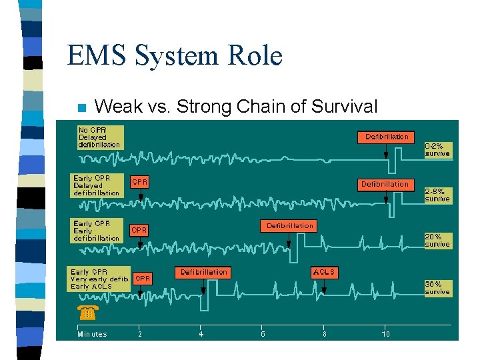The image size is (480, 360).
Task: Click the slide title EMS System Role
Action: pyautogui.click(x=175, y=55)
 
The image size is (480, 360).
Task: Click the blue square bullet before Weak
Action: pyautogui.click(x=81, y=107)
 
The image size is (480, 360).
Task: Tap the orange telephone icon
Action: pyautogui.click(x=87, y=312)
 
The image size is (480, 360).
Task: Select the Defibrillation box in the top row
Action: pyautogui.click(x=387, y=137)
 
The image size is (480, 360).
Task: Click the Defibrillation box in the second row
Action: pyautogui.click(x=385, y=184)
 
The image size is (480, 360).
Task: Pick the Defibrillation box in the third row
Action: pyautogui.click(x=289, y=226)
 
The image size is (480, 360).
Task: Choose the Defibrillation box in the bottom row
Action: pyautogui.click(x=204, y=272)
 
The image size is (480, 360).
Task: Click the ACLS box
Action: pyautogui.click(x=324, y=272)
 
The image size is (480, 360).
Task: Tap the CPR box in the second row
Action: pyautogui.click(x=140, y=181)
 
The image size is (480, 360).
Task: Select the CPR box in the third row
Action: pyautogui.click(x=139, y=229)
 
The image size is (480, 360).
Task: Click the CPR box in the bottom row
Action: pyautogui.click(x=143, y=277)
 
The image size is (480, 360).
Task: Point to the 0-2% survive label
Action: pyautogui.click(x=437, y=149)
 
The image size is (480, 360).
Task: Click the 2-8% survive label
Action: pyautogui.click(x=437, y=195)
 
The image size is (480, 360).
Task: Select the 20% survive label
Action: pyautogui.click(x=437, y=240)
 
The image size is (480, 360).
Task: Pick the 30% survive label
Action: pyautogui.click(x=437, y=287)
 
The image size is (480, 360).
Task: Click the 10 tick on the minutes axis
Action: pyautogui.click(x=385, y=334)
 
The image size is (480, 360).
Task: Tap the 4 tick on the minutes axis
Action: pyautogui.click(x=201, y=334)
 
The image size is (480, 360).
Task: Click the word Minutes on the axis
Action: pyautogui.click(x=92, y=334)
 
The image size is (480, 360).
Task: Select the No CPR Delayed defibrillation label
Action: pyautogui.click(x=99, y=137)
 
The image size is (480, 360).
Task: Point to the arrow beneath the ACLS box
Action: pyautogui.click(x=324, y=286)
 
